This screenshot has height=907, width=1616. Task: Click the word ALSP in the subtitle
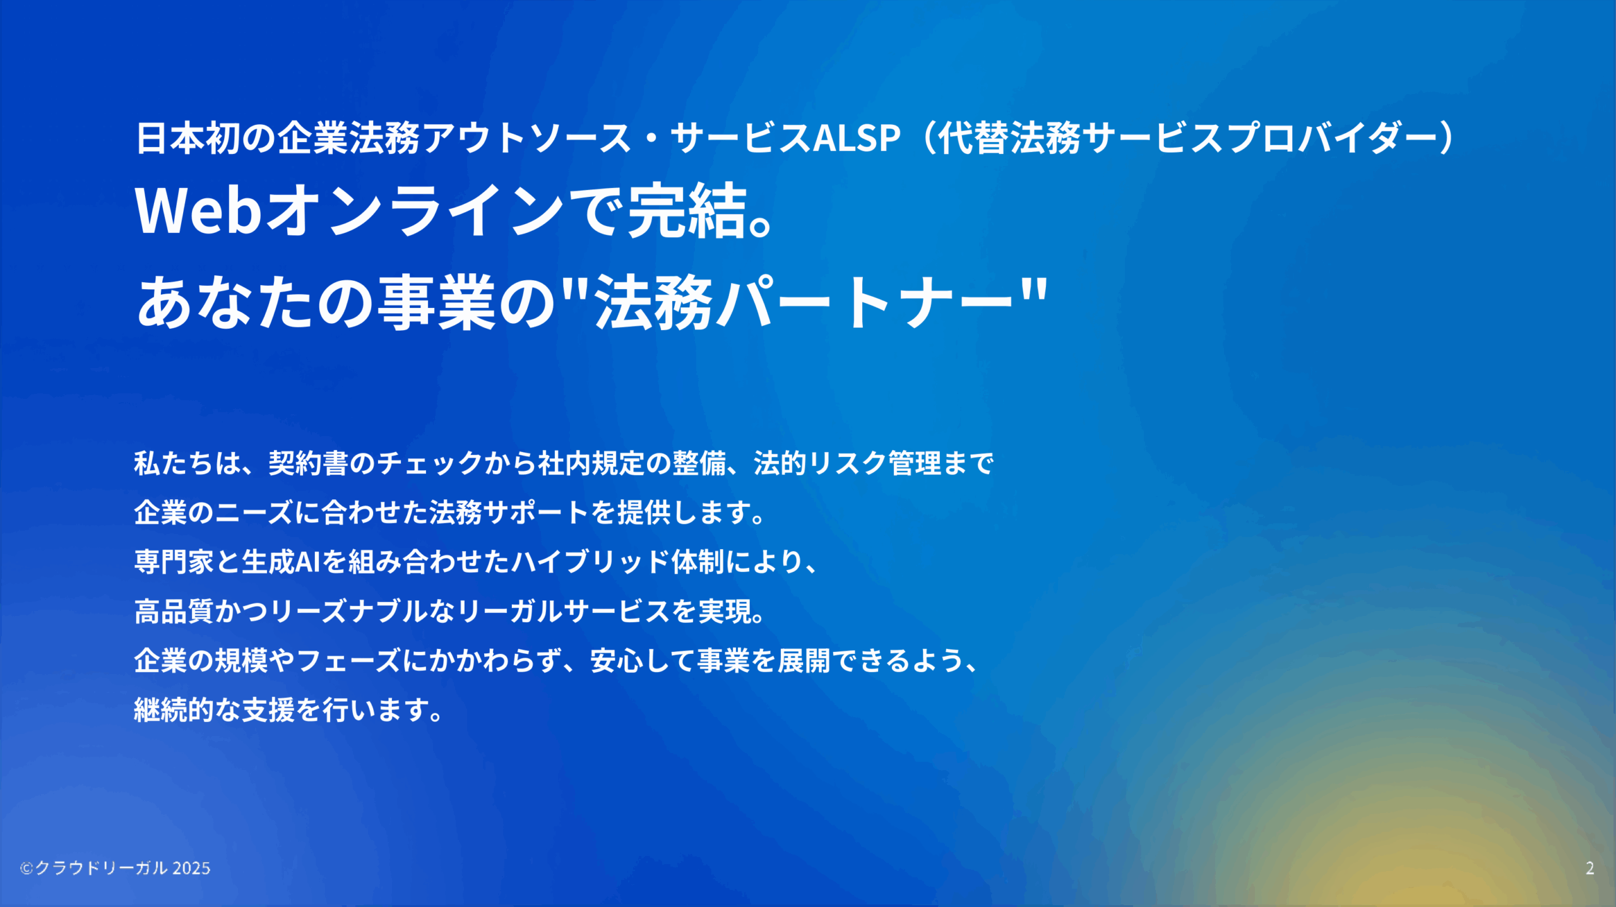pos(857,138)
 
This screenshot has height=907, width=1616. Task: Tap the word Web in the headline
pos(198,210)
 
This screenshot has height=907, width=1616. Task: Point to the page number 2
pos(1589,868)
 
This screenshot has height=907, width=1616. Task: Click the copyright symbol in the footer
pos(26,868)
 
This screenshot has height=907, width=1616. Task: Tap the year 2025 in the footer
pos(191,868)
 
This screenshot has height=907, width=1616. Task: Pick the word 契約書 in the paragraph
pos(309,463)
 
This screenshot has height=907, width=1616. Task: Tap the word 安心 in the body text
pos(617,661)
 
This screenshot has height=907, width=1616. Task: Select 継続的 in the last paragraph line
pos(174,710)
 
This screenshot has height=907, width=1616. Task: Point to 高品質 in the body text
pos(174,611)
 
